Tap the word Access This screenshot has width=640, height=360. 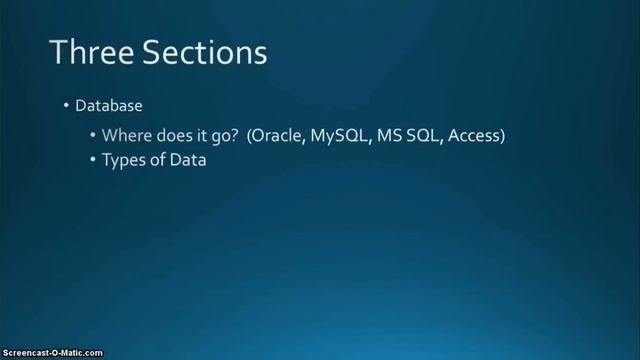pyautogui.click(x=474, y=134)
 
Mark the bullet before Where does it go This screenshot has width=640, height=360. pyautogui.click(x=93, y=134)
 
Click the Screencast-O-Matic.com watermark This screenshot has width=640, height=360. pyautogui.click(x=52, y=352)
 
